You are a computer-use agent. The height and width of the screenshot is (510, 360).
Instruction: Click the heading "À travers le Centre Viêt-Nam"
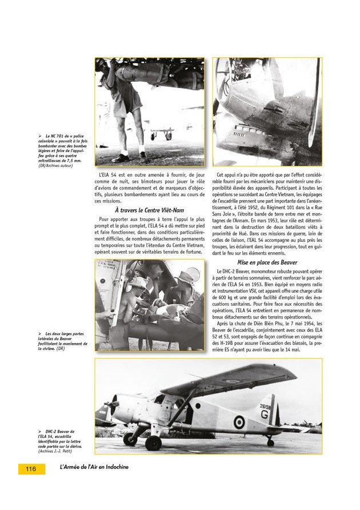tap(150, 210)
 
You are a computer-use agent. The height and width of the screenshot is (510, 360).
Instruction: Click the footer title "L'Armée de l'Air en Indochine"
tap(94, 467)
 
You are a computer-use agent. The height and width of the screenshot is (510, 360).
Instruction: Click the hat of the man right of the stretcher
tap(185, 276)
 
